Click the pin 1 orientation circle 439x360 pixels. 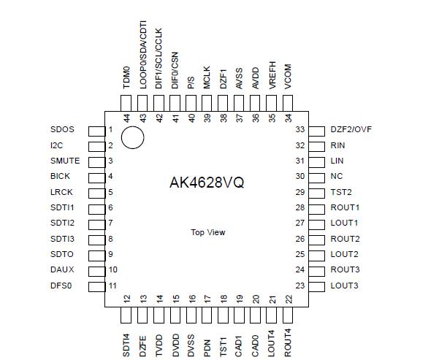pyautogui.click(x=132, y=137)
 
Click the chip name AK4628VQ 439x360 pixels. pyautogui.click(x=207, y=183)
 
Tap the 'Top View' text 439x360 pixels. pyautogui.click(x=208, y=232)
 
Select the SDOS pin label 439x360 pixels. pyautogui.click(x=63, y=130)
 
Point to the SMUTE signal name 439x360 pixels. pyautogui.click(x=65, y=161)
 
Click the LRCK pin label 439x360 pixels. pyautogui.click(x=62, y=192)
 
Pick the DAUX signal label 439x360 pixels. pyautogui.click(x=63, y=269)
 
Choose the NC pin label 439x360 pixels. pyautogui.click(x=336, y=176)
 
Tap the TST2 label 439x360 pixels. pyautogui.click(x=341, y=192)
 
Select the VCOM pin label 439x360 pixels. pyautogui.click(x=288, y=75)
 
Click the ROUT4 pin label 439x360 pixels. pyautogui.click(x=288, y=342)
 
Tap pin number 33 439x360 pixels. pyautogui.click(x=299, y=130)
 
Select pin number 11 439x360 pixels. pyautogui.click(x=112, y=286)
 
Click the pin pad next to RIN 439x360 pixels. pyautogui.click(x=316, y=145)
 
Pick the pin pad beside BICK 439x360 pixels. pyautogui.click(x=96, y=177)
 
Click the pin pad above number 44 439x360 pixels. pyautogui.click(x=127, y=103)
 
